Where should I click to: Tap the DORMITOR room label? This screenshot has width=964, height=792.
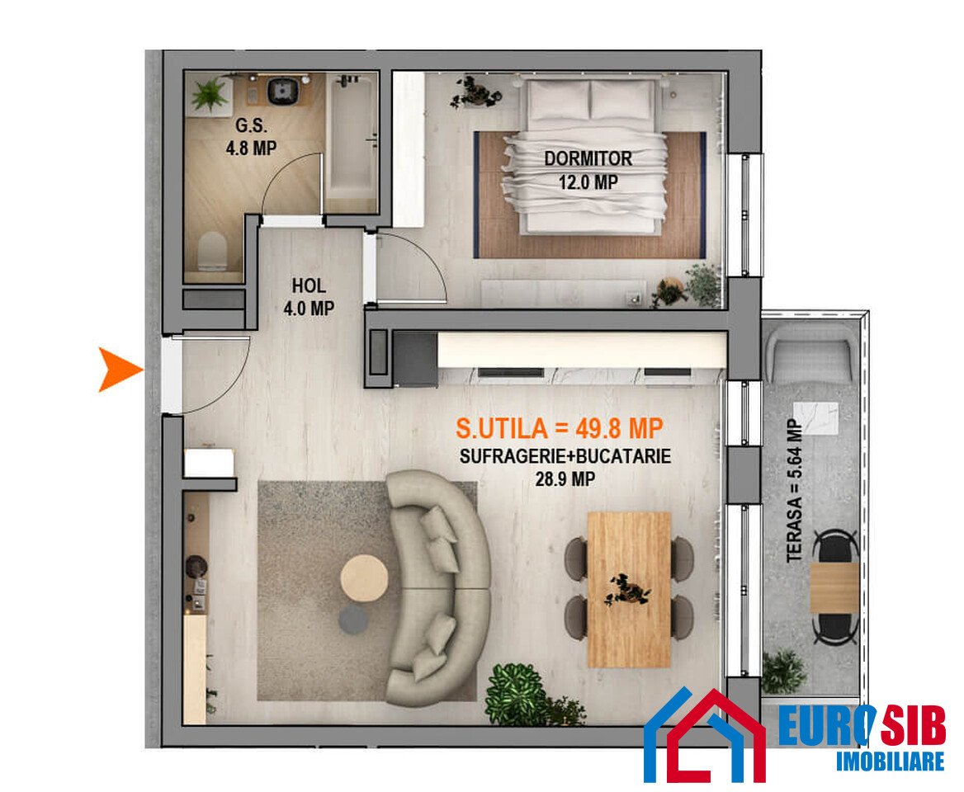pos(588,158)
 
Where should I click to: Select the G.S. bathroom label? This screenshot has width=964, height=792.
pos(251,125)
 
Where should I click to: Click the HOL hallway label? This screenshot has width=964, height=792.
pos(309,285)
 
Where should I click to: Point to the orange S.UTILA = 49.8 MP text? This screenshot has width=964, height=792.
pos(559,428)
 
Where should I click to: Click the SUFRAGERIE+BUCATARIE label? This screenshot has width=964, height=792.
pos(565,456)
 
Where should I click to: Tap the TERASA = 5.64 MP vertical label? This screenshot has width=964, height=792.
pos(794,490)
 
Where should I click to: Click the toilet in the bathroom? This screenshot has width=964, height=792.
pos(213,251)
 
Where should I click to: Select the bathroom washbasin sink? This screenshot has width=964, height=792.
pos(282,90)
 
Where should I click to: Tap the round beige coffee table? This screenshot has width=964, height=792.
pos(364,577)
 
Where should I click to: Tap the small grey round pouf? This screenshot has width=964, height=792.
pos(354,620)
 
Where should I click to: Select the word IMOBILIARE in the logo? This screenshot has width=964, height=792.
pos(890,761)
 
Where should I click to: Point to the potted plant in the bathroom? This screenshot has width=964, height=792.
pos(210,95)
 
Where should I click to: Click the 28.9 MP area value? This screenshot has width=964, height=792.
pos(565,478)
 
